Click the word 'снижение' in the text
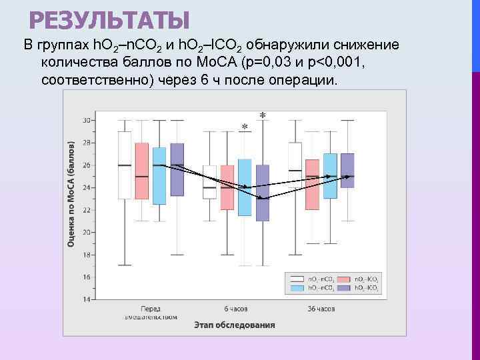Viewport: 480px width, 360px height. pos(365,45)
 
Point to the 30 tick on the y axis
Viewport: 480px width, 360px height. pos(87,120)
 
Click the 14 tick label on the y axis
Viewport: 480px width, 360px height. pos(87,299)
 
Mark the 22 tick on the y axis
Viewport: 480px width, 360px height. pos(87,210)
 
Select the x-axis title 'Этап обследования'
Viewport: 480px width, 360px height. pos(235,325)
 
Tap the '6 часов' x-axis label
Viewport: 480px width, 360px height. pos(236,309)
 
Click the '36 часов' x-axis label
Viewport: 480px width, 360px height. pos(321,309)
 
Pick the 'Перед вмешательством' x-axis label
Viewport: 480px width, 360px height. pos(150,312)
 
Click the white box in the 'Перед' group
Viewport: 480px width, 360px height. pos(125,165)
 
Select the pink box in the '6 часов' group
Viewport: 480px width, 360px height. pos(227,187)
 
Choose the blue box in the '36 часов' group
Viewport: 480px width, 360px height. pos(330,175)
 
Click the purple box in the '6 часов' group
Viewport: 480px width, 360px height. pos(263,193)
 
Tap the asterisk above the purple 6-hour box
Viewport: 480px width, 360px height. pos(263,115)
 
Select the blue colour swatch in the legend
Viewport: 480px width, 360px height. pos(295,288)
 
